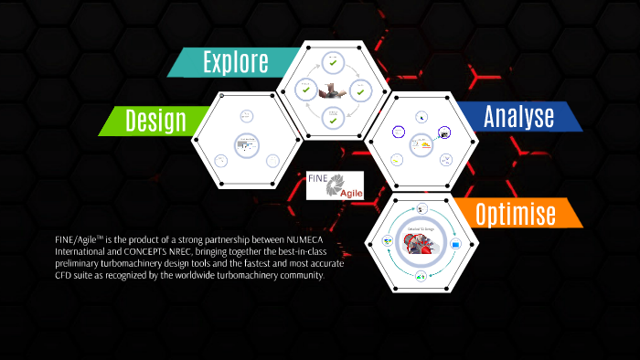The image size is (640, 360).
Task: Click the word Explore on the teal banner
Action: (x=235, y=62)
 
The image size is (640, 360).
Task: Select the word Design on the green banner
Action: (x=155, y=120)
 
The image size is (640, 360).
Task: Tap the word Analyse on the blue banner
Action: (x=518, y=117)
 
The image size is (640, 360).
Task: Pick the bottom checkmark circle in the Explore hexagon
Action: (x=333, y=117)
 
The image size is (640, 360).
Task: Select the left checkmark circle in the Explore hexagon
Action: (x=305, y=91)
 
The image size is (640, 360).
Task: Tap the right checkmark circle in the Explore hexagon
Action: (x=360, y=91)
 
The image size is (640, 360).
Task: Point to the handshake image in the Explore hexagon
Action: (x=333, y=90)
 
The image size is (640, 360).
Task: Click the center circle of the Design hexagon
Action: (x=246, y=143)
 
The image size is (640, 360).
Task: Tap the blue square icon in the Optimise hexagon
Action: (x=454, y=244)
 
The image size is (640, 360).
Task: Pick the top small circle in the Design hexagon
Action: (x=246, y=116)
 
